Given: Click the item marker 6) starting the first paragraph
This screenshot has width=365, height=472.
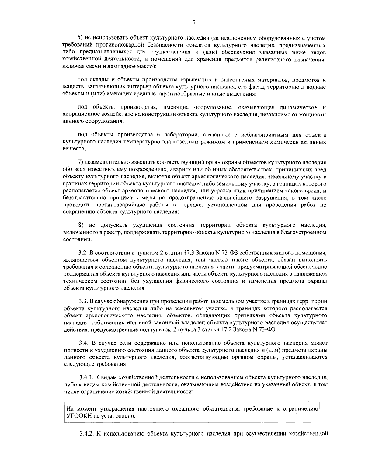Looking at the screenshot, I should (80, 38).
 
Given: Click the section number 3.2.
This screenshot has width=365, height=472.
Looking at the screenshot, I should (83, 253).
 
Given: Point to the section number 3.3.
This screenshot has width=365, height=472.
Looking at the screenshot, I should (84, 301).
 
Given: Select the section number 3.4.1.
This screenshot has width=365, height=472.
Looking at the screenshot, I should (86, 378).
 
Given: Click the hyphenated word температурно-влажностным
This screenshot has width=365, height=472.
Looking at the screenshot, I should (152, 142).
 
